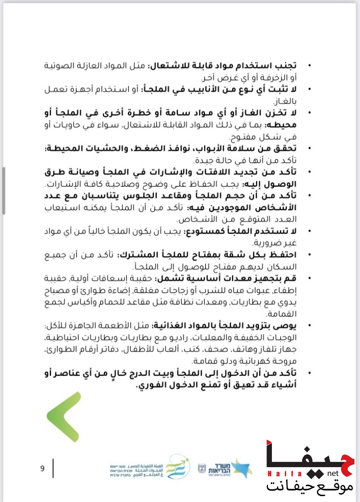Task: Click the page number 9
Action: click(x=43, y=468)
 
